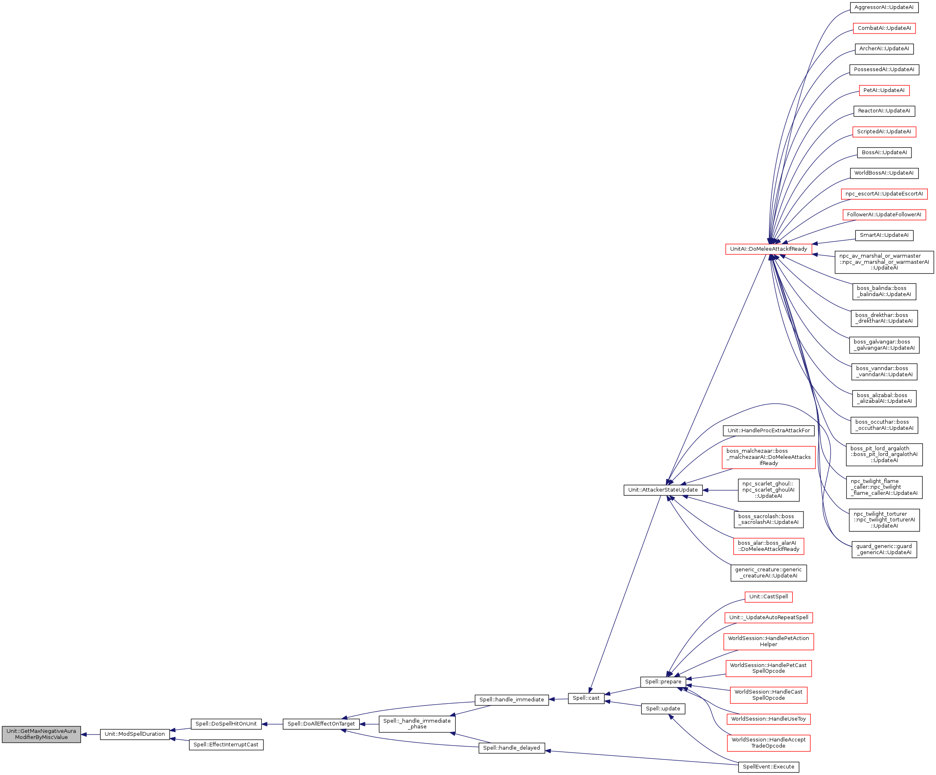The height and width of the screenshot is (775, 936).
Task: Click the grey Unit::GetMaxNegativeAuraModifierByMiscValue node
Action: pos(41,734)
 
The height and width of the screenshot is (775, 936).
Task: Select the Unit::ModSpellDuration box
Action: pos(135,734)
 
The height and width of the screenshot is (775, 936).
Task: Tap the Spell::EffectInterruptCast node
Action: pos(226,745)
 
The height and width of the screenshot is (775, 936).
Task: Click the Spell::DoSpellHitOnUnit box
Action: pos(226,724)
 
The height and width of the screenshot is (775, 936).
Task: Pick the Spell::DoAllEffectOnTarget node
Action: pos(321,724)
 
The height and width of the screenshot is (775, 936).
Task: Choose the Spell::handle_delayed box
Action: pos(511,748)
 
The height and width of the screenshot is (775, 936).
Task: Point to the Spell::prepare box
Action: pos(663,682)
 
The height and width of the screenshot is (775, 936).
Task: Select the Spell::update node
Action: pos(663,709)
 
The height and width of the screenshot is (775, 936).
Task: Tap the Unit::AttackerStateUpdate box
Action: pos(663,490)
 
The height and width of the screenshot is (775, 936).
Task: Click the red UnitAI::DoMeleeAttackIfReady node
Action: pos(768,249)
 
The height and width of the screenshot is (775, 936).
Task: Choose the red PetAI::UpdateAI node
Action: pos(884,90)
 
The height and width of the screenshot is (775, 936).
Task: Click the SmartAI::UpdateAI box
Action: pos(884,235)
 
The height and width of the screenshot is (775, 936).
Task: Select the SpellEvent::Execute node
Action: pos(768,767)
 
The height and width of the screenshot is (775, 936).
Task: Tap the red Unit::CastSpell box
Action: pos(768,597)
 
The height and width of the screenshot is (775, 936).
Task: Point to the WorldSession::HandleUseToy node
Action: pos(768,719)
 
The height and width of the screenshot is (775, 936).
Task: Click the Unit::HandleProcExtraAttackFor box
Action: pos(768,431)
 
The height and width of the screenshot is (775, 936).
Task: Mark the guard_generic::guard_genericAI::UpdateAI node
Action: pos(884,550)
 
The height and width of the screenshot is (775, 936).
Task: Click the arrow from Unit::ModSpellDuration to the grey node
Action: pos(90,735)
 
